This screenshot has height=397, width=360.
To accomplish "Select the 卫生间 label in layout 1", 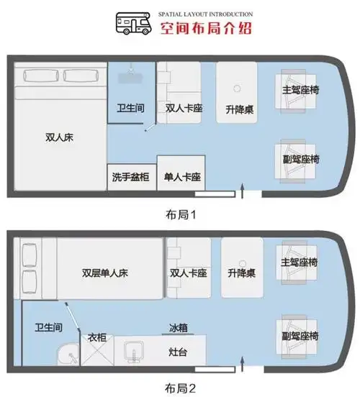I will [131, 109].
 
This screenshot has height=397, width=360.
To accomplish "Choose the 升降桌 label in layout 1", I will [238, 109].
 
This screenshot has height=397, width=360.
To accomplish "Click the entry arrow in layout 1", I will [242, 190].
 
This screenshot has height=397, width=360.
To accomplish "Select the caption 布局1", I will [181, 214].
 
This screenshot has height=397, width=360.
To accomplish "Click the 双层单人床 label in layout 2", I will [105, 273].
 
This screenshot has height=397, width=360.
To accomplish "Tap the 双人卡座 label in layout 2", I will [188, 273].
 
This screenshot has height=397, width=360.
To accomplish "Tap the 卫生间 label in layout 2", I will [47, 328].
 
